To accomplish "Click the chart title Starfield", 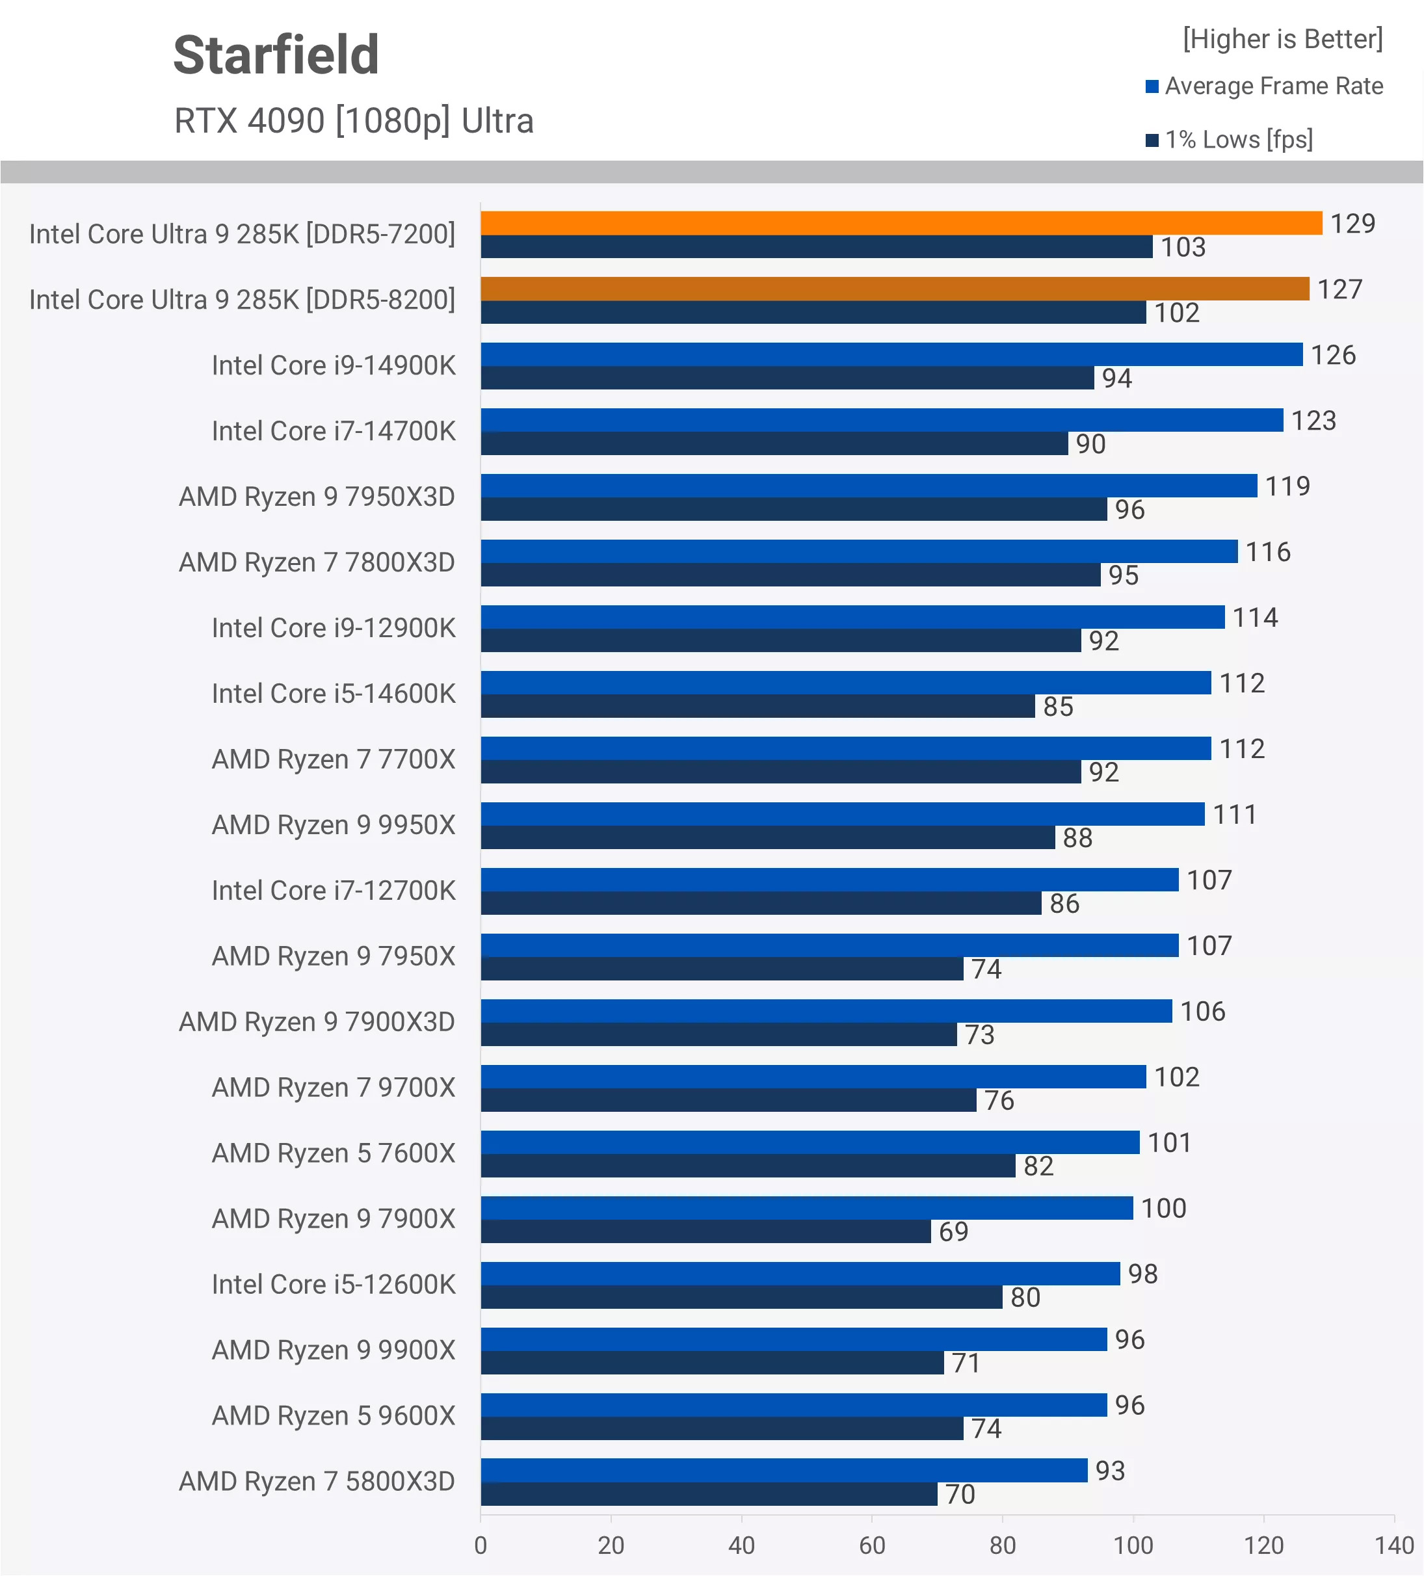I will (x=276, y=55).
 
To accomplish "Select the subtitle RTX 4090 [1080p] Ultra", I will (x=354, y=121).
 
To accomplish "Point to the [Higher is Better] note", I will (x=1282, y=39).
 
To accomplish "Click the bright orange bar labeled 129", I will (x=901, y=224).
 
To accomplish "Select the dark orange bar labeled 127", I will (x=895, y=289).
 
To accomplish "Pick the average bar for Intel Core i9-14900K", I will (x=891, y=355).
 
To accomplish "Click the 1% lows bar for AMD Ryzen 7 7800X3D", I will (x=791, y=575).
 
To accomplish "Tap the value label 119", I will (x=1287, y=486).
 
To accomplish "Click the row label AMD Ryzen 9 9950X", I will (x=333, y=826).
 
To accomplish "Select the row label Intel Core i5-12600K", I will (x=333, y=1285).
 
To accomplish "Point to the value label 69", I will (x=953, y=1232).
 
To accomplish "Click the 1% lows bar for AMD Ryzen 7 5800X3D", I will (x=709, y=1494).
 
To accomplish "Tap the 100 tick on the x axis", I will (x=1133, y=1545).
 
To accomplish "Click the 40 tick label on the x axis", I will (x=741, y=1545).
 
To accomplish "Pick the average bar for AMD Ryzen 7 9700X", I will (x=813, y=1077).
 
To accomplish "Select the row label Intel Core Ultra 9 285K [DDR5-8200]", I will (x=242, y=300).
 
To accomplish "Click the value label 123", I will (x=1313, y=421).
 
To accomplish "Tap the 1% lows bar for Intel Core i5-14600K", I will (x=758, y=707).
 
